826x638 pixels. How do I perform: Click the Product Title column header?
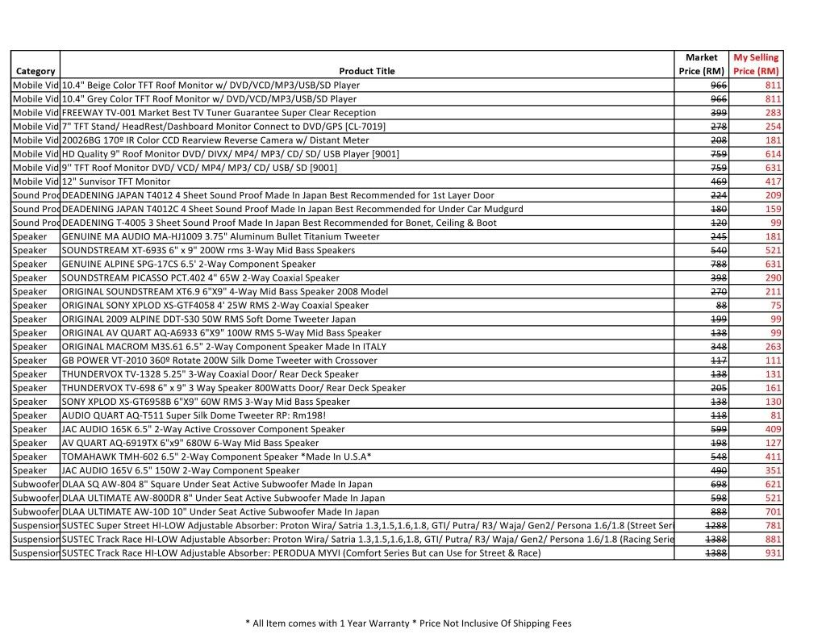pyautogui.click(x=367, y=71)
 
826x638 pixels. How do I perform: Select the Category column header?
pyautogui.click(x=35, y=71)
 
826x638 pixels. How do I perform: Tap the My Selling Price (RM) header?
pyautogui.click(x=756, y=65)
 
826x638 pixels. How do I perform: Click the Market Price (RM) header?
pyautogui.click(x=701, y=65)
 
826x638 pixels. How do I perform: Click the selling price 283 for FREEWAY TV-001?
pyautogui.click(x=773, y=113)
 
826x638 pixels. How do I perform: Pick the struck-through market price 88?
pyautogui.click(x=721, y=306)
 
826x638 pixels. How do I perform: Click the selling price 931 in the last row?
pyautogui.click(x=773, y=553)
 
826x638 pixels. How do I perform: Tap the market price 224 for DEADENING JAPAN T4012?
pyautogui.click(x=718, y=195)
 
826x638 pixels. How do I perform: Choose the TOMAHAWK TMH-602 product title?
pyautogui.click(x=216, y=457)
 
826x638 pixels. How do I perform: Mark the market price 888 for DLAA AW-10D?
pyautogui.click(x=718, y=512)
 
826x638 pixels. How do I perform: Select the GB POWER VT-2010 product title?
pyautogui.click(x=207, y=361)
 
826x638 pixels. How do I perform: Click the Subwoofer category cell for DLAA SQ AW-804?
pyautogui.click(x=35, y=485)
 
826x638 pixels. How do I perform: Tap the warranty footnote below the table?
pyautogui.click(x=407, y=623)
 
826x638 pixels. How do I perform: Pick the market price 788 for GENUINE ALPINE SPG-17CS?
pyautogui.click(x=718, y=265)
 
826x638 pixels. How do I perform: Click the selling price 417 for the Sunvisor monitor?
pyautogui.click(x=773, y=181)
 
